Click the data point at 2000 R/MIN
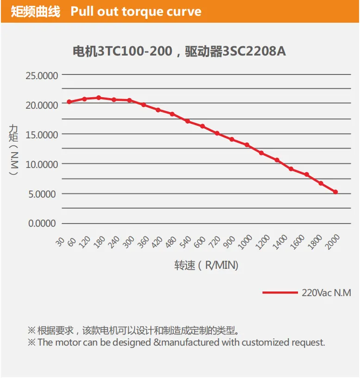tap(335, 192)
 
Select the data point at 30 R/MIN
tap(69, 102)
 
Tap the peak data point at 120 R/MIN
tap(99, 98)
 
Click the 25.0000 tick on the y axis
tap(42, 76)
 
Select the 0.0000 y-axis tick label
tap(42, 223)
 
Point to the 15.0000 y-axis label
tap(42, 135)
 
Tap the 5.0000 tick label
tap(42, 194)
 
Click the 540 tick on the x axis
tap(185, 242)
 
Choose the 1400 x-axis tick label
tap(279, 242)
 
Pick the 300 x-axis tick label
tap(128, 242)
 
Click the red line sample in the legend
tap(280, 292)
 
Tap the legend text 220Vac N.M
tap(326, 293)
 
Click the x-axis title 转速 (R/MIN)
tap(206, 265)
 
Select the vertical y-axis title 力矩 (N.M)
tap(13, 150)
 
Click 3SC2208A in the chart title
tap(254, 51)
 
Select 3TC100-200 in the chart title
tap(135, 51)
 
